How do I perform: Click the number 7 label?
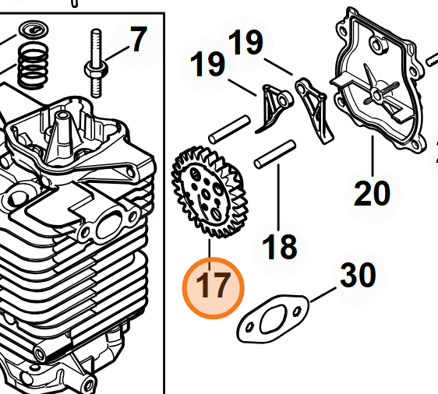click(x=139, y=39)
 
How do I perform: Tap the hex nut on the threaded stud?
click(x=97, y=70)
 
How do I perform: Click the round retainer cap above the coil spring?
click(x=34, y=30)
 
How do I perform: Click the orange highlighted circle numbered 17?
click(x=213, y=288)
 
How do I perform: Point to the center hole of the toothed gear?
click(x=207, y=195)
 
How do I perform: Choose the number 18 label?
click(x=279, y=247)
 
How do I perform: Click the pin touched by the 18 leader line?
click(x=275, y=154)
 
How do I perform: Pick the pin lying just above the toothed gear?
click(x=230, y=130)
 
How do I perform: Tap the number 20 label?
click(x=372, y=193)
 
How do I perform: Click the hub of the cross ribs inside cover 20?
click(x=377, y=96)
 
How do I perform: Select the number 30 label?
click(x=358, y=275)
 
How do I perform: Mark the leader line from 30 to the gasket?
click(x=323, y=295)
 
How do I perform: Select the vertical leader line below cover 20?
click(x=373, y=156)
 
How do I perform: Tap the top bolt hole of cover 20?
click(x=377, y=44)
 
